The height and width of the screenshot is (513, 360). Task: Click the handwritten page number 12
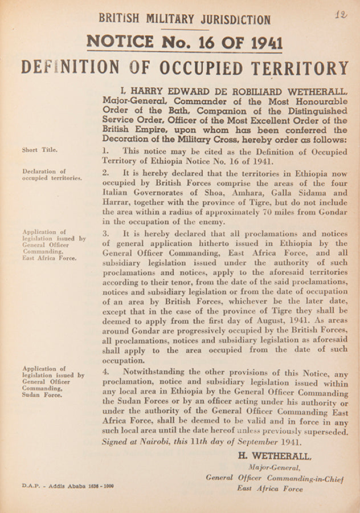coord(341,15)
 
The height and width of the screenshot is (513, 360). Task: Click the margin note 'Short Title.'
coord(39,150)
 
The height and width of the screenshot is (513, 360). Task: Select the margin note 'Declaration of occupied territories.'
coord(52,174)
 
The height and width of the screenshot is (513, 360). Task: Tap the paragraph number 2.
coord(106,172)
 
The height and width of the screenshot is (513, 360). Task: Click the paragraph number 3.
coord(106,234)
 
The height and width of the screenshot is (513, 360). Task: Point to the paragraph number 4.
coord(106,373)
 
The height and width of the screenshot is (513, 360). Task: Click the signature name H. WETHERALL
coord(275,456)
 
